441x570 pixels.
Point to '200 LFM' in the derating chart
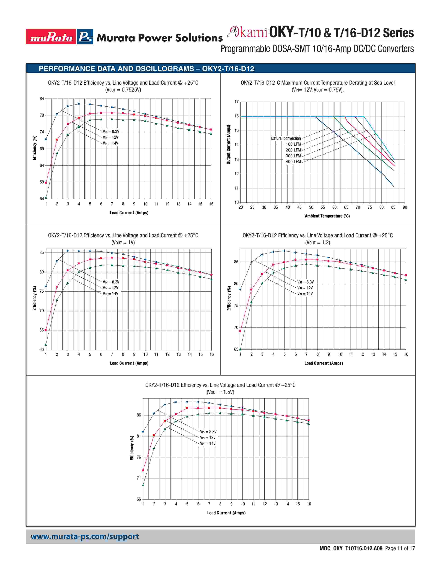[293, 150]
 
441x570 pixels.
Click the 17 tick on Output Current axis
[236, 102]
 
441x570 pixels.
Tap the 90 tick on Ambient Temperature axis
[405, 207]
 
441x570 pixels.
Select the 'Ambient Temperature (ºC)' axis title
[327, 216]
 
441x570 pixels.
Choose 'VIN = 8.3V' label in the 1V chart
[111, 282]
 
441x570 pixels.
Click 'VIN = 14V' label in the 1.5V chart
[208, 443]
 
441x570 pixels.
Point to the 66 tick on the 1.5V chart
[139, 499]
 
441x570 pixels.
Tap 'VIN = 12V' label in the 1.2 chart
[305, 288]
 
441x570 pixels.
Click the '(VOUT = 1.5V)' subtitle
[220, 392]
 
